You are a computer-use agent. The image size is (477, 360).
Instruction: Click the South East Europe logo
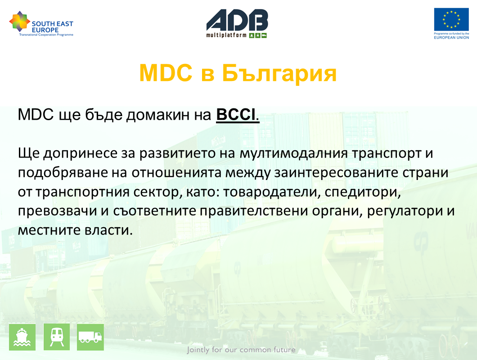[x=41, y=24]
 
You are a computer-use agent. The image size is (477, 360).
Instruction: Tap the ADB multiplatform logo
[x=237, y=23]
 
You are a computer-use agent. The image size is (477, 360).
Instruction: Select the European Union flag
[x=451, y=19]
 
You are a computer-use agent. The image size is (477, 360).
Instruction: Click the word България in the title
[x=279, y=73]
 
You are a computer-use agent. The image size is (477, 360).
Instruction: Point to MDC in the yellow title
[x=166, y=73]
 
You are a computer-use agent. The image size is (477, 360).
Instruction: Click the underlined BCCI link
[x=236, y=115]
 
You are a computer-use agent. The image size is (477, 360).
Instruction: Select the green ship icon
[x=22, y=337]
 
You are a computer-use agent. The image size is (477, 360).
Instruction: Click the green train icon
[x=57, y=337]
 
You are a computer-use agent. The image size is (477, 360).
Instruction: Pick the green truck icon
[x=90, y=337]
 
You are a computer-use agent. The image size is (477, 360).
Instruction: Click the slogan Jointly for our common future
[x=241, y=350]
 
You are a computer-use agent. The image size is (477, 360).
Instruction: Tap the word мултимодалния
[x=293, y=153]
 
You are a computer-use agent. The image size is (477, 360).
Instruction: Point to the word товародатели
[x=272, y=192]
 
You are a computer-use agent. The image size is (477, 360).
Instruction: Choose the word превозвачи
[x=57, y=211]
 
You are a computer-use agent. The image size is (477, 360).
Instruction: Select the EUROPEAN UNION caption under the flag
[x=451, y=37]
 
